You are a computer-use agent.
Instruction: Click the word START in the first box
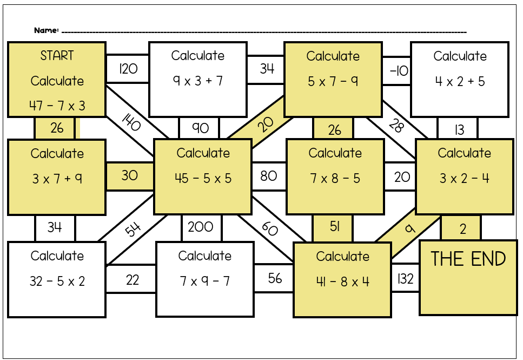click(57, 55)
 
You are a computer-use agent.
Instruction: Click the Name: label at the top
click(46, 30)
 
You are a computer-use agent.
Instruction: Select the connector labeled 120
click(128, 69)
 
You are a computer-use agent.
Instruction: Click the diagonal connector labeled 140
click(131, 124)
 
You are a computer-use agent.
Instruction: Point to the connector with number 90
click(200, 128)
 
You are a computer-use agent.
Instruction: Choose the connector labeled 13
click(459, 130)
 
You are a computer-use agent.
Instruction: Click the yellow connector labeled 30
click(129, 175)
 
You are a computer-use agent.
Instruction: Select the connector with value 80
click(268, 176)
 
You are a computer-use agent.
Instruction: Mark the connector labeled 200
click(201, 227)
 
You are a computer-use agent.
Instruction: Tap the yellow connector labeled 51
click(334, 227)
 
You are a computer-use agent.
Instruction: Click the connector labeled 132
click(405, 279)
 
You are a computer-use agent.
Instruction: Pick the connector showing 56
click(274, 278)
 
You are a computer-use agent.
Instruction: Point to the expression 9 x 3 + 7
click(198, 81)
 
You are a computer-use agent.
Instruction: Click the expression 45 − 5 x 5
click(203, 178)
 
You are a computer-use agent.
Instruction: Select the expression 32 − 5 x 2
click(57, 282)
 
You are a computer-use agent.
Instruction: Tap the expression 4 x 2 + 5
click(460, 82)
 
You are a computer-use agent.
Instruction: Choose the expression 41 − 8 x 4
click(342, 282)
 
